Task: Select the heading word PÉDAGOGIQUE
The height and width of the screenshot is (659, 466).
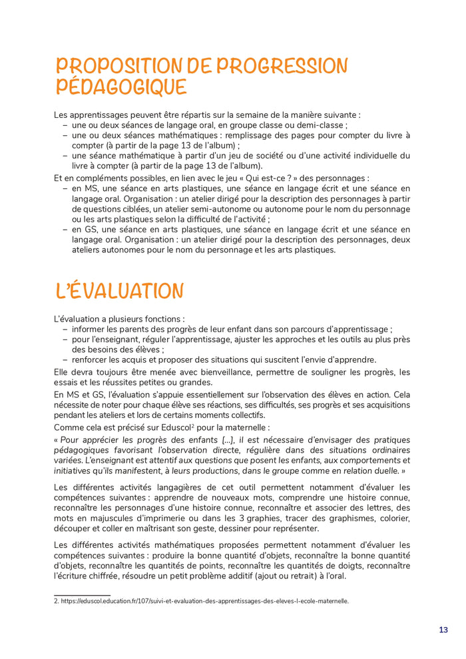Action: tap(121, 87)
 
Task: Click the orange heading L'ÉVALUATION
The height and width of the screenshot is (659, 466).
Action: tap(119, 291)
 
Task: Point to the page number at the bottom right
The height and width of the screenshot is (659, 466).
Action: tap(443, 630)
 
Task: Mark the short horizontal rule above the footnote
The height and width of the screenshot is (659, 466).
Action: tap(82, 594)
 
